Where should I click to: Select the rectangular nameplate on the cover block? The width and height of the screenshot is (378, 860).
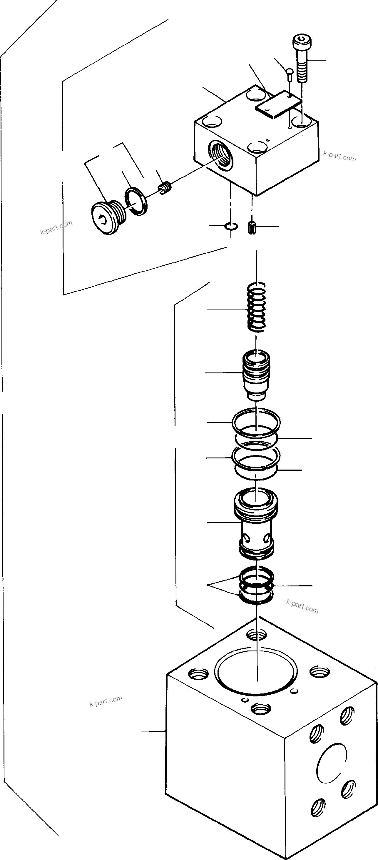tap(279, 104)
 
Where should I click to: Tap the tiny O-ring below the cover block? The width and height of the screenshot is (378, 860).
tap(231, 226)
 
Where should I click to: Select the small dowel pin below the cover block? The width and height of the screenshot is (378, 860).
tap(252, 228)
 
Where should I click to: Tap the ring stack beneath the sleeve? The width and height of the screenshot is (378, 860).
tap(256, 585)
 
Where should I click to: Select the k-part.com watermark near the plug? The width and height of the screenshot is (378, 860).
tap(56, 227)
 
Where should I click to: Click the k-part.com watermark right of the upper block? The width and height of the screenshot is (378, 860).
tap(339, 156)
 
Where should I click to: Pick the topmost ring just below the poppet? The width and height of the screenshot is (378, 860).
tap(256, 422)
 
